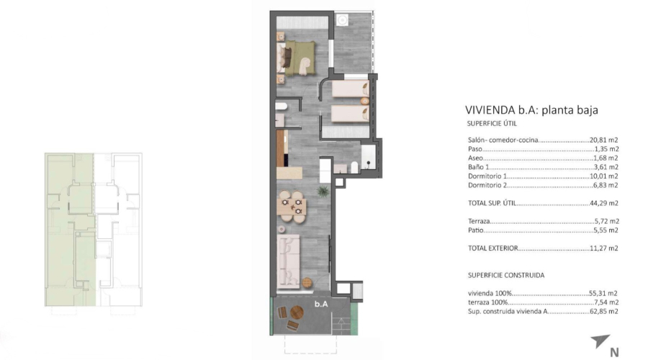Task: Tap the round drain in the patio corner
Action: (x=343, y=21)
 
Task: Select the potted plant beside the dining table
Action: (x=324, y=191)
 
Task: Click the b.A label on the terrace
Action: (x=321, y=305)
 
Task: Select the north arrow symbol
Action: (x=600, y=341)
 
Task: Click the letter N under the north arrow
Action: (x=614, y=352)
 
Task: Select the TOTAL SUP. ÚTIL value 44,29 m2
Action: (x=605, y=204)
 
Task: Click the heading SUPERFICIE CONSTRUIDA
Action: (x=505, y=275)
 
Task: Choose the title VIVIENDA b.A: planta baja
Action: (x=532, y=110)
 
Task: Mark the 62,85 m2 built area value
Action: (x=605, y=311)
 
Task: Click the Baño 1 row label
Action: (x=480, y=166)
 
